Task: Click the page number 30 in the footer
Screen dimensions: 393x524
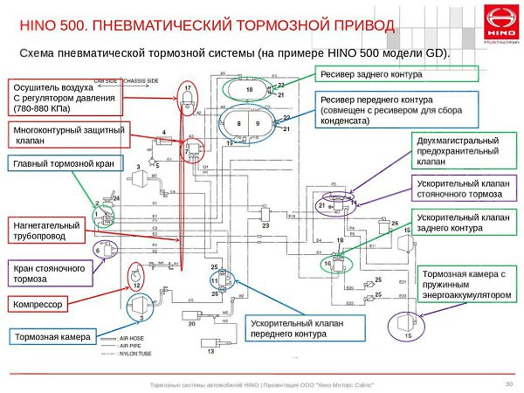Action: pyautogui.click(x=508, y=383)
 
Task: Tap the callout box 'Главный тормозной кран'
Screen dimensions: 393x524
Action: pyautogui.click(x=52, y=162)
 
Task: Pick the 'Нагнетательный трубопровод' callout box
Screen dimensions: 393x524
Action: pyautogui.click(x=46, y=232)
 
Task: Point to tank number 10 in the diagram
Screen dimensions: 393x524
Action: pyautogui.click(x=249, y=90)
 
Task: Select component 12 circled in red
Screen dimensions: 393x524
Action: pyautogui.click(x=136, y=284)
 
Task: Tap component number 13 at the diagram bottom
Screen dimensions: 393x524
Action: pyautogui.click(x=210, y=352)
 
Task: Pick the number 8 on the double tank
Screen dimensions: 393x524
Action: pyautogui.click(x=239, y=124)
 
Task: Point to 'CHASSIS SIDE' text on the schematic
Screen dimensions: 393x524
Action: pyautogui.click(x=141, y=79)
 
